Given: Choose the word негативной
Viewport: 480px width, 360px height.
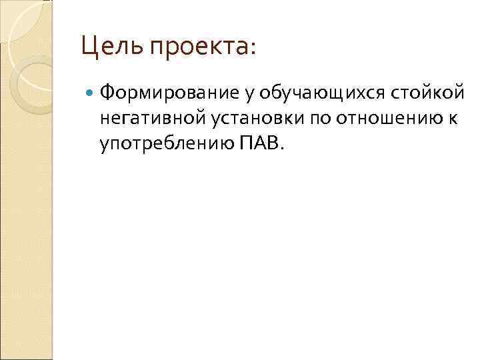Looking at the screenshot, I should coord(150,119).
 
